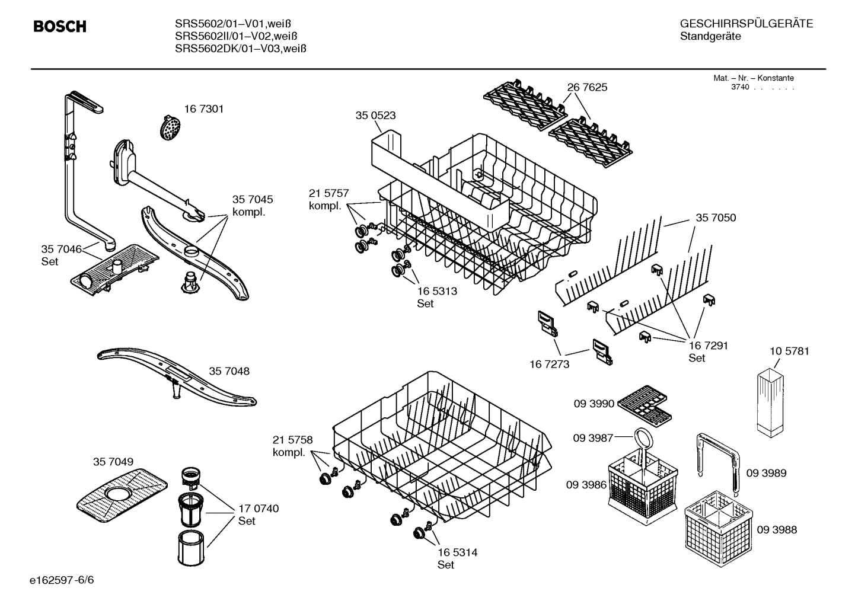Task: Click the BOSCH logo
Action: coord(60,27)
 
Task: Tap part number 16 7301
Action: coord(203,109)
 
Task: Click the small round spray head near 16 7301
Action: coord(171,127)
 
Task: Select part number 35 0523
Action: coord(375,116)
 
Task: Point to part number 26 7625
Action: coord(587,87)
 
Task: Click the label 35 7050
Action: coord(716,218)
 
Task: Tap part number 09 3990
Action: coord(594,404)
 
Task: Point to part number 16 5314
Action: coord(457,552)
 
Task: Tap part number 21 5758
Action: coord(292,440)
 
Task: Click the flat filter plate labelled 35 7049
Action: coord(123,491)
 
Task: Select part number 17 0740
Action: coord(259,509)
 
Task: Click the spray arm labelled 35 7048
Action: coord(176,376)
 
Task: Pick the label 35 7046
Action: coord(61,249)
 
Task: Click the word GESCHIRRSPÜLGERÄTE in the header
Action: coord(746,24)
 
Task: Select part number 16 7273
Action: coord(549,364)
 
